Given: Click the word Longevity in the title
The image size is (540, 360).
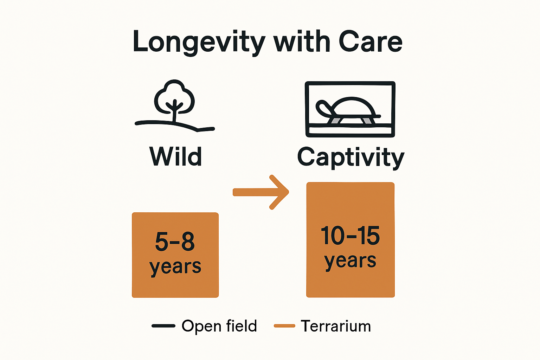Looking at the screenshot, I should pos(199,42).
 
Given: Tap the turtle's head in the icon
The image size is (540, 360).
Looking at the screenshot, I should pos(322,107).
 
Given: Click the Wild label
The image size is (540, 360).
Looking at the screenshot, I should pos(175,156).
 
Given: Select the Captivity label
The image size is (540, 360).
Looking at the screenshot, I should pos(351,157).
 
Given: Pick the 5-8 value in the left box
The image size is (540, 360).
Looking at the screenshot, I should pos(175,242).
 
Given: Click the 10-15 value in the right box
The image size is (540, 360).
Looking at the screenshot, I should pos(350,236).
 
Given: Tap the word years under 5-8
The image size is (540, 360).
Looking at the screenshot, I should pos(175,266).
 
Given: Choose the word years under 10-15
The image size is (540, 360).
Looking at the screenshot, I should pos(350,261).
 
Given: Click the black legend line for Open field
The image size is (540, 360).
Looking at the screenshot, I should pos(163,326).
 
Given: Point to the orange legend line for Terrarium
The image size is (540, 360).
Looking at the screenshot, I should pos(284,326).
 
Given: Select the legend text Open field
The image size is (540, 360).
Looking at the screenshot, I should pos(219,326).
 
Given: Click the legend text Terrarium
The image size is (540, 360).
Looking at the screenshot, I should pos(336,326).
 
